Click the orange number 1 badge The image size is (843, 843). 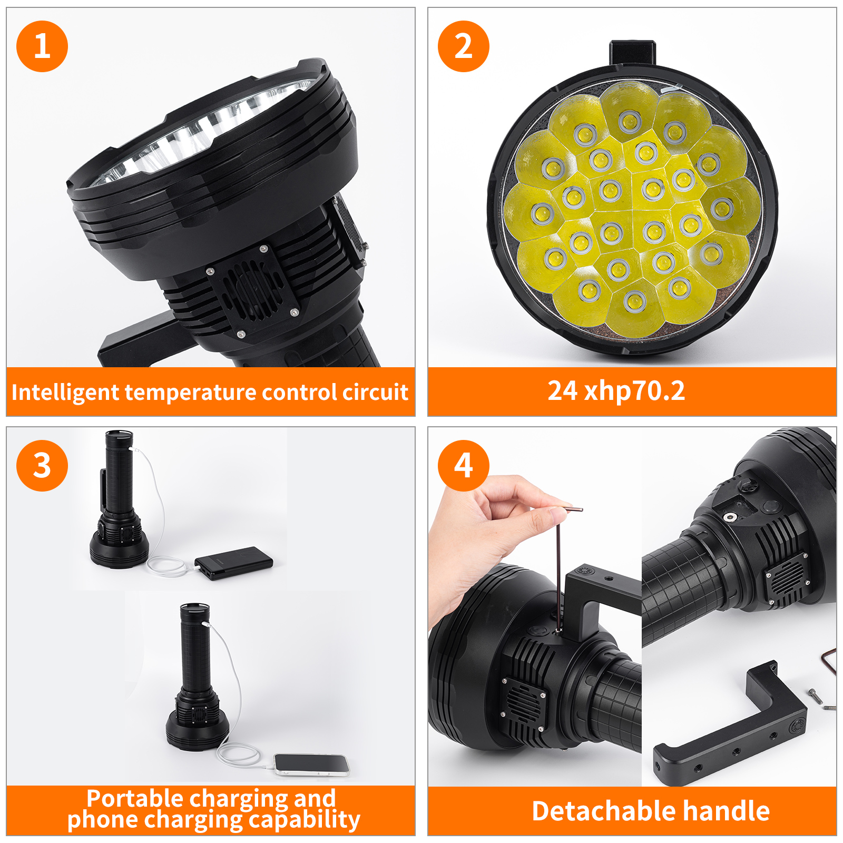coord(42,46)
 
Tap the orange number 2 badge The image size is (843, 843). coord(464,46)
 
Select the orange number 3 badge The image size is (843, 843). coord(42,466)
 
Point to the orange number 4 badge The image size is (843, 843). coord(464,466)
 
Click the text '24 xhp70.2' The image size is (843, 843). coord(616,391)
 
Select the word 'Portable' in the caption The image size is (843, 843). coord(135,799)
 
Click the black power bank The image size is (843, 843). coord(234,563)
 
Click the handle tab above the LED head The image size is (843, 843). coord(632,53)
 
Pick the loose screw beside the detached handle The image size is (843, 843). coord(815,695)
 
